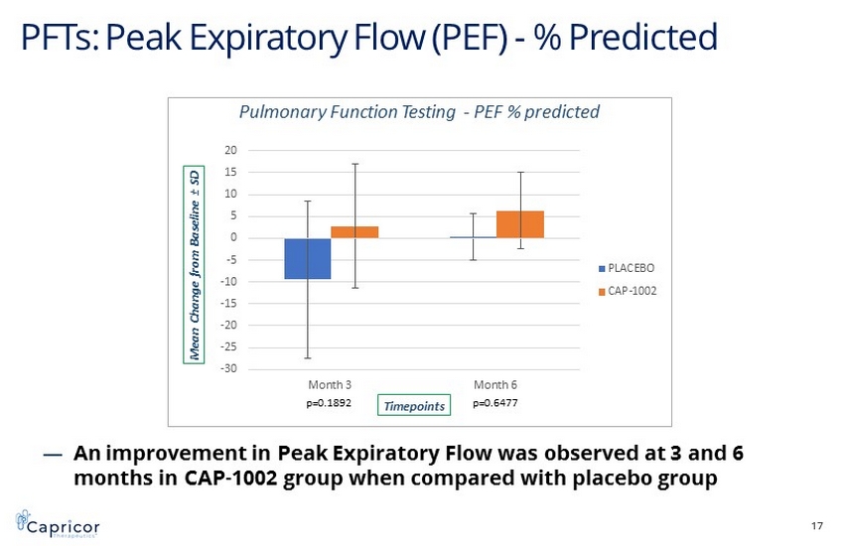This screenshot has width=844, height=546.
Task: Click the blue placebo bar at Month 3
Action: click(x=308, y=258)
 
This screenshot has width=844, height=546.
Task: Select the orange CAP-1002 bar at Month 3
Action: click(x=354, y=232)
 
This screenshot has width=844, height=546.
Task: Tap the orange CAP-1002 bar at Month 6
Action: click(x=519, y=224)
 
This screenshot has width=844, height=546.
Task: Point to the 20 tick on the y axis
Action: click(x=231, y=151)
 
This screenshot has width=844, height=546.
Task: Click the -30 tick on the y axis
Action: click(x=229, y=369)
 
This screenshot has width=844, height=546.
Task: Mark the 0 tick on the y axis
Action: click(x=234, y=238)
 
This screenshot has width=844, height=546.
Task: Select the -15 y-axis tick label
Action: click(x=229, y=304)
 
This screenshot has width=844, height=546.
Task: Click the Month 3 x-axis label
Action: click(x=331, y=384)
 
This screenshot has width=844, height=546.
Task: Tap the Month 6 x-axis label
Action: click(x=495, y=384)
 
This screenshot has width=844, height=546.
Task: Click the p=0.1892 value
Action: click(x=329, y=403)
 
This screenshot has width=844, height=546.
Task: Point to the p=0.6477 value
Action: click(x=495, y=403)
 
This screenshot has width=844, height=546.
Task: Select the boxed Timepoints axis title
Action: click(x=414, y=405)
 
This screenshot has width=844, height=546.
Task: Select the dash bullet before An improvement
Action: click(x=54, y=454)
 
